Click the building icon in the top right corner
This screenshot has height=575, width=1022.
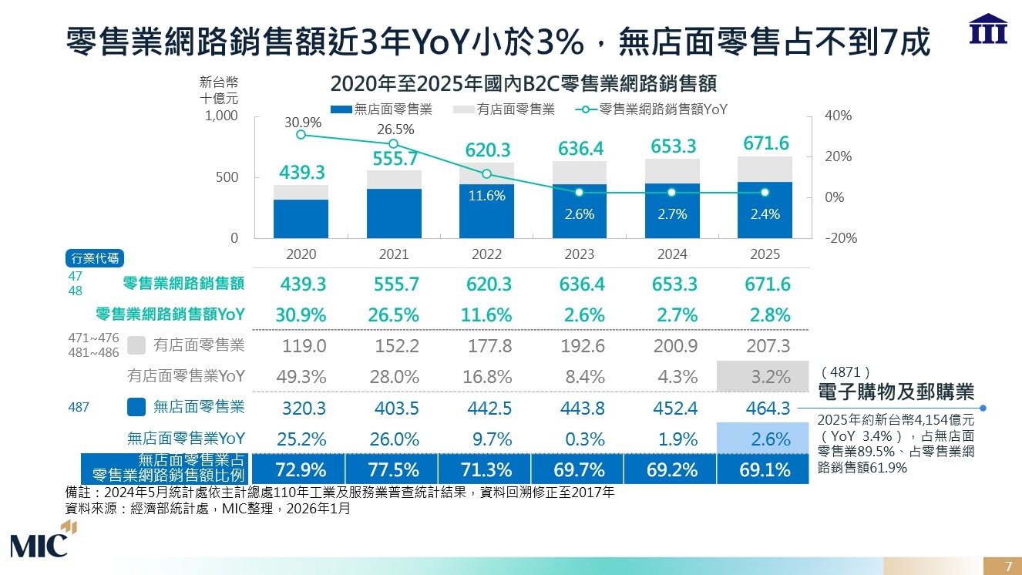988,29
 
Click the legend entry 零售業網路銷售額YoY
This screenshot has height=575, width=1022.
651,109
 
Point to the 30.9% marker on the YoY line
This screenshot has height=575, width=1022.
301,135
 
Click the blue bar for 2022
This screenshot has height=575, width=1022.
486,211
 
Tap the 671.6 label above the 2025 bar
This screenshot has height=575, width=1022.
766,143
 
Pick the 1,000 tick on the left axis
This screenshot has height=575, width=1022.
222,116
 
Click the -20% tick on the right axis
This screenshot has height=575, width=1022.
839,238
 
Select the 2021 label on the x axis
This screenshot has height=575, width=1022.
394,254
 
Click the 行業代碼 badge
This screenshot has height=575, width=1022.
96,258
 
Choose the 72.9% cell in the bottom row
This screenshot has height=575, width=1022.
301,469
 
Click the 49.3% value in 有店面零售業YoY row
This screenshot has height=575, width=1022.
301,377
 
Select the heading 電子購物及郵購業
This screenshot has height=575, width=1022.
896,392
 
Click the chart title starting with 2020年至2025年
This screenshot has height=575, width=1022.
523,83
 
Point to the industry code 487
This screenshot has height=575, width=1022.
79,407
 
